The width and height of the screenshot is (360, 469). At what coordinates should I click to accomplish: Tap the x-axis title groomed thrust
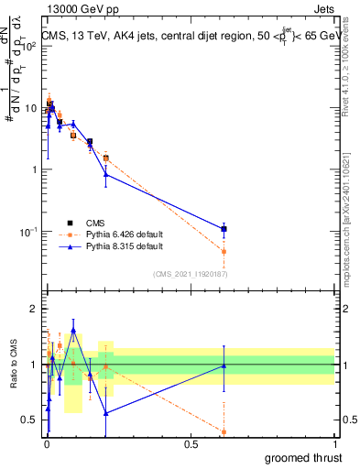click(303, 456)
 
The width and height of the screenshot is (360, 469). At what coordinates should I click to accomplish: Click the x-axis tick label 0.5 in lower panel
click(191, 443)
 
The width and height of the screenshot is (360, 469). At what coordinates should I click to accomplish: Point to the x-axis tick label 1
click(335, 443)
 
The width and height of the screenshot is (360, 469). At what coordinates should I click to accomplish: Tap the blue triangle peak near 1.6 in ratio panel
click(73, 331)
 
